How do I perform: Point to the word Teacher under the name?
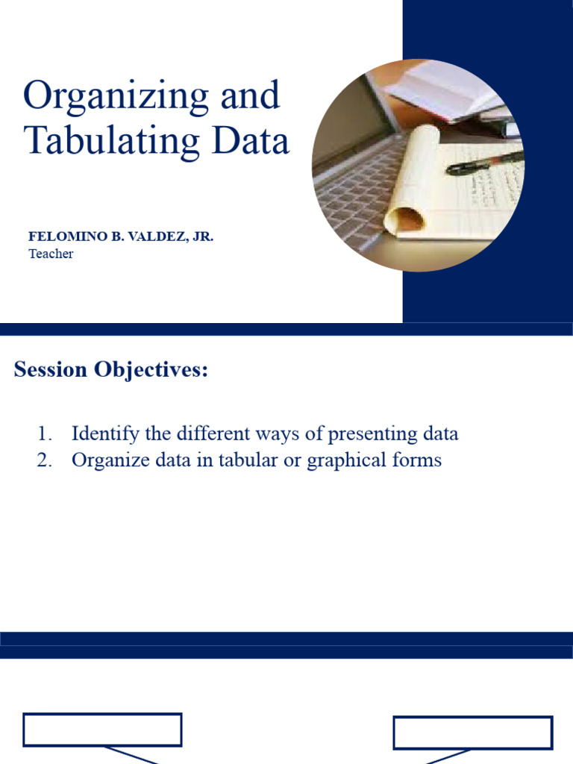click(x=51, y=254)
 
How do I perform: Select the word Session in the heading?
click(x=50, y=369)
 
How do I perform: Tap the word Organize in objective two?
click(x=103, y=460)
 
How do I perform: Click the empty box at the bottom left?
click(x=102, y=730)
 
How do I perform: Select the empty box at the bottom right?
click(x=473, y=732)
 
